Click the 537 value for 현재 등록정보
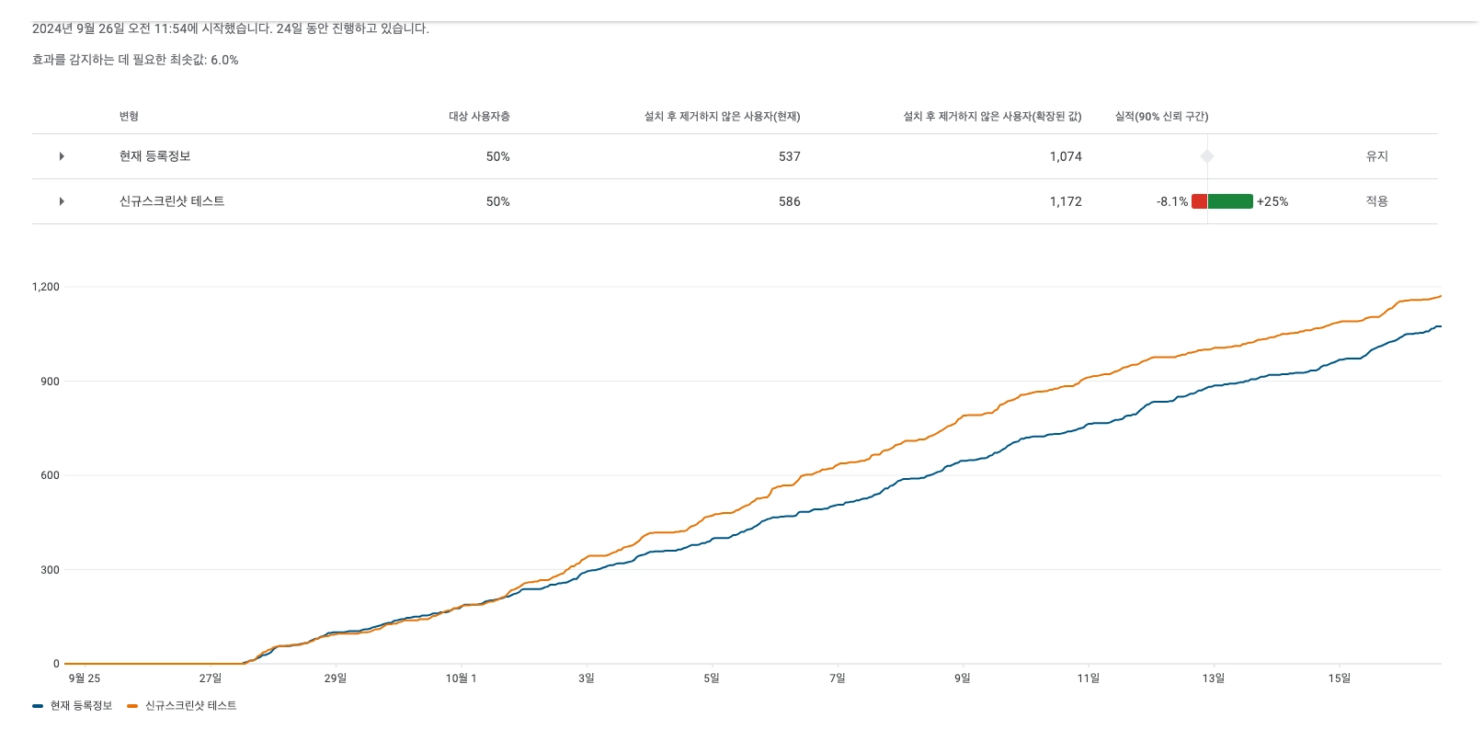click(789, 156)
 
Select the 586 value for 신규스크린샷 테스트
click(789, 201)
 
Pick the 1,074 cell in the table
click(1065, 156)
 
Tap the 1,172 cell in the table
click(1065, 201)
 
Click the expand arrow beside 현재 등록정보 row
click(62, 156)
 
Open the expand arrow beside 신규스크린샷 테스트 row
click(62, 201)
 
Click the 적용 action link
click(1376, 201)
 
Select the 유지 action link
click(1376, 156)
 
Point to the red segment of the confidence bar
click(1199, 201)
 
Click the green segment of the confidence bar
click(1230, 201)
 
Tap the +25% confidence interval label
click(1272, 201)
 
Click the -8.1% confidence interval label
click(1171, 201)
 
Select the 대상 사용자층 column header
click(479, 117)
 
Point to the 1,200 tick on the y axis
click(45, 287)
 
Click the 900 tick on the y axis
click(50, 382)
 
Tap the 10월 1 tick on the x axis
click(461, 678)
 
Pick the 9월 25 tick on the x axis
click(85, 678)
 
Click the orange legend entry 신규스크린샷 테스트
click(190, 706)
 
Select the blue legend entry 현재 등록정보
click(81, 706)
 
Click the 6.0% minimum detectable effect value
click(224, 60)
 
